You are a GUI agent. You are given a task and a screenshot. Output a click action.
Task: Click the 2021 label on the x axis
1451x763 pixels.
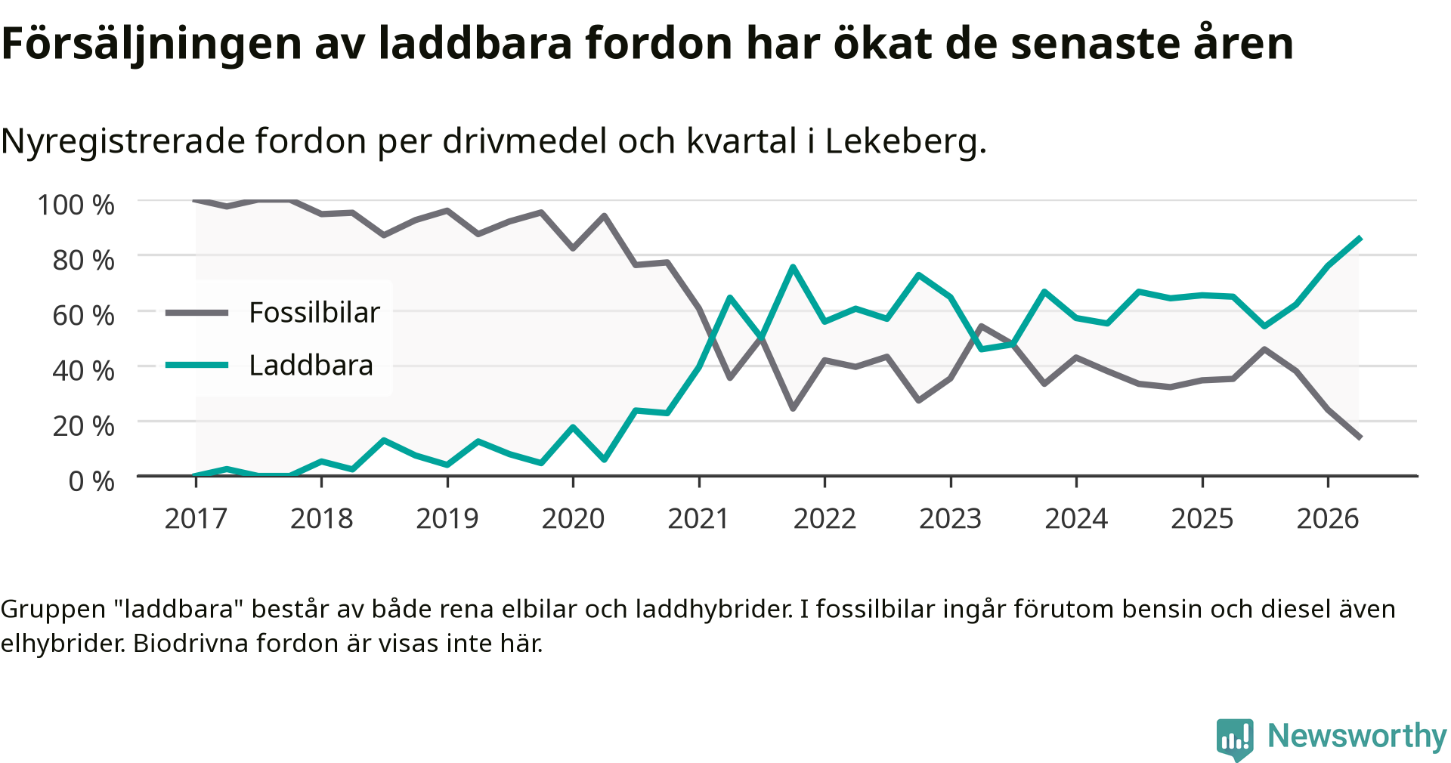(x=698, y=519)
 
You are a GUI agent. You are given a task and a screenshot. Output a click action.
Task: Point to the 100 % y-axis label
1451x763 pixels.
(x=76, y=205)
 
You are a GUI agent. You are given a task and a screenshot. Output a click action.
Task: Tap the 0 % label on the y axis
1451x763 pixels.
(x=91, y=481)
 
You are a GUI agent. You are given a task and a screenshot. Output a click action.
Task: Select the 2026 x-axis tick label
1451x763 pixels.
(x=1328, y=519)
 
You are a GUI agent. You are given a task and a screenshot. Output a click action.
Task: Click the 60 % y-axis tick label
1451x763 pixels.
(x=84, y=315)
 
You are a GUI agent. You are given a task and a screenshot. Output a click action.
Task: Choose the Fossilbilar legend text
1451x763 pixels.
(x=314, y=312)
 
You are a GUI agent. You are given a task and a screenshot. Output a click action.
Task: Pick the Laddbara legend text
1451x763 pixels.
(x=311, y=366)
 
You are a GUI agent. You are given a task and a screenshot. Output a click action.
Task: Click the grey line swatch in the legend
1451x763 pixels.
(x=196, y=313)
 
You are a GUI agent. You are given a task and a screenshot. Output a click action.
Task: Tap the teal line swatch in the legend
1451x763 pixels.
(x=196, y=366)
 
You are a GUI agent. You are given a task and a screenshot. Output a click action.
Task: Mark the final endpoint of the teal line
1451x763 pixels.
(x=1360, y=238)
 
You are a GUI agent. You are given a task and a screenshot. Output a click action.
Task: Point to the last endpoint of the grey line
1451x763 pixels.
(x=1360, y=437)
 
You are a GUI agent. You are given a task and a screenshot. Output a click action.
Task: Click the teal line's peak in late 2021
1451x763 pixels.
(x=793, y=267)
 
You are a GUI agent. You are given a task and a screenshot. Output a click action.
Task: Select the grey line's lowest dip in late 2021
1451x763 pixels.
(x=793, y=409)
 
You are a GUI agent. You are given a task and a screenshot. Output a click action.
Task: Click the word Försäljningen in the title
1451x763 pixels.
(x=152, y=44)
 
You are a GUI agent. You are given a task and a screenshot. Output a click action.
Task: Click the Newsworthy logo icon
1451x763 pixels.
(x=1235, y=739)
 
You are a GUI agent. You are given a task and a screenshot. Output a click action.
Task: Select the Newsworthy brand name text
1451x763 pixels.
(x=1357, y=736)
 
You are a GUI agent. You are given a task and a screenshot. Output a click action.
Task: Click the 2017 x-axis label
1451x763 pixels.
(x=196, y=519)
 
